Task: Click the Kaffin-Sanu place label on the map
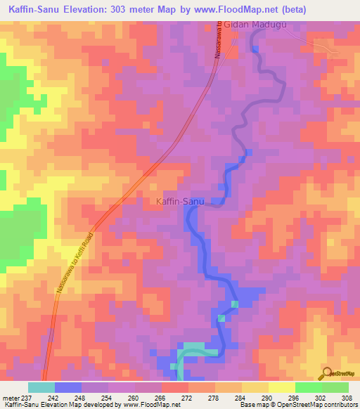[179, 202]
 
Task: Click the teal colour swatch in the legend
[41, 387]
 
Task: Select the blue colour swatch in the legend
[68, 387]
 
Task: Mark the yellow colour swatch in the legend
[282, 387]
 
